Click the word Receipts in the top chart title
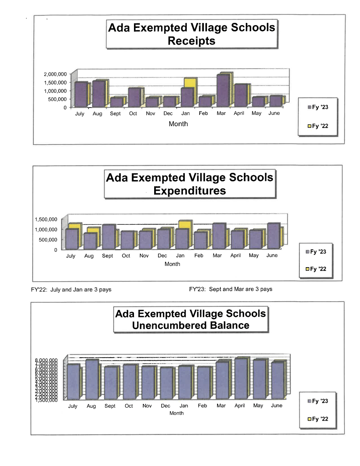191,41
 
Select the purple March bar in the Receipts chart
223,91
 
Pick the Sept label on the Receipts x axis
115,114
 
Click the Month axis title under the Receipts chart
178,124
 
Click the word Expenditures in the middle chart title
190,191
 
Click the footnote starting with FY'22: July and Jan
71,289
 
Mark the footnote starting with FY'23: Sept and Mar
230,289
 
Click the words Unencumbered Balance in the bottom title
191,325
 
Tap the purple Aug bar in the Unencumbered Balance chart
92,379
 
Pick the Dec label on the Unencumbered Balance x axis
165,405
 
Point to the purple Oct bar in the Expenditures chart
127,240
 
